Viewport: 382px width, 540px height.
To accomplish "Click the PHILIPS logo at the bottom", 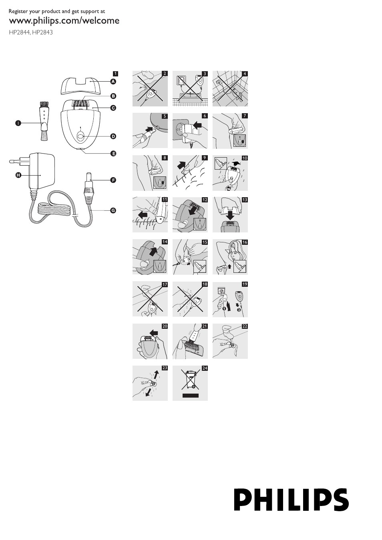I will tap(291, 500).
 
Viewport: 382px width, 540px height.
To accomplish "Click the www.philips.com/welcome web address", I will tap(64, 21).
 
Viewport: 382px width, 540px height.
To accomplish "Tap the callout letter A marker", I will tap(113, 81).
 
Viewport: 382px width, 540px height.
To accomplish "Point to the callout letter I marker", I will tap(18, 123).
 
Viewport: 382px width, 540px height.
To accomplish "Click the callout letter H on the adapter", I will tap(18, 175).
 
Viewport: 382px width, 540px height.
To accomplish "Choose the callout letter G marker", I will tap(113, 210).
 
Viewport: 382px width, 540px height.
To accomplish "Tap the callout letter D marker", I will tap(113, 136).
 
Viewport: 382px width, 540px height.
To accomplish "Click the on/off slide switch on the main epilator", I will tap(80, 136).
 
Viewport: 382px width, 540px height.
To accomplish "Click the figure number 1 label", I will tap(115, 74).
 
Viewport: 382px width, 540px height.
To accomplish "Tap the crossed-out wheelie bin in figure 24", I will tap(190, 380).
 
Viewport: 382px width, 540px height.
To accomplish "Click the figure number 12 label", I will tap(205, 200).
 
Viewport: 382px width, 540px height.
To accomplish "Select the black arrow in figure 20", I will tap(153, 332).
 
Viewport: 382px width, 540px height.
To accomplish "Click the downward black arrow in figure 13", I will tap(230, 216).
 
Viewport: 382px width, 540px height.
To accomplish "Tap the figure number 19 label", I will tap(245, 284).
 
